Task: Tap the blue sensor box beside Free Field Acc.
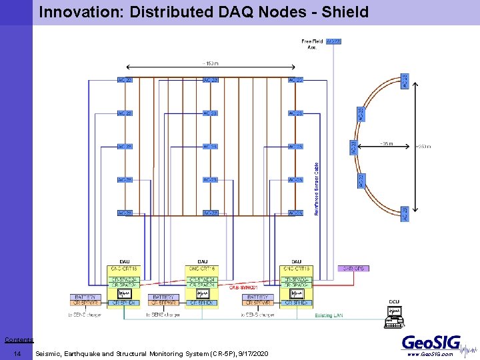coord(333,41)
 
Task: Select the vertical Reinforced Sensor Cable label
coord(316,186)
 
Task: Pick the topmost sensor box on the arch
coord(405,81)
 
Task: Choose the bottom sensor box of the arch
coord(405,213)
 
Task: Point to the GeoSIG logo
coord(431,343)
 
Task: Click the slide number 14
coord(17,353)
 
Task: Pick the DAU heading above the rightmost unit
coord(295,261)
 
